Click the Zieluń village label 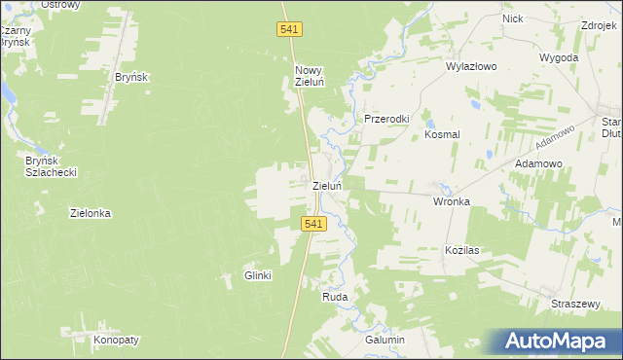[x=326, y=186]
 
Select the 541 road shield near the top [x=288, y=31]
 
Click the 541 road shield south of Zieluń [x=312, y=224]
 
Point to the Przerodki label [x=387, y=119]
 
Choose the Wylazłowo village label [x=471, y=67]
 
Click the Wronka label [x=452, y=202]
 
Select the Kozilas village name [x=463, y=250]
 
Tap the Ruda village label [x=335, y=296]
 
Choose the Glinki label [x=257, y=275]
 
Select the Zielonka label [x=91, y=213]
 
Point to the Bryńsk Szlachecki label [x=52, y=165]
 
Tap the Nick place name [x=513, y=18]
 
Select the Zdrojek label [x=601, y=26]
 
